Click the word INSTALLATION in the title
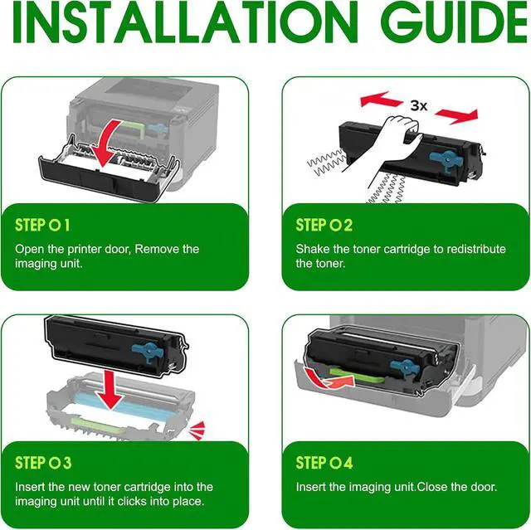pos(185,22)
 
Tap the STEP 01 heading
pos(42,225)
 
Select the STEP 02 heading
pos(324,225)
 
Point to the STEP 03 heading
pos(43,463)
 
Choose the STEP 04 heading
pos(324,463)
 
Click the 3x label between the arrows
pos(419,106)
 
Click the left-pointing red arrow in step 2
pos(381,100)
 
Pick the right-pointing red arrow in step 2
pos(456,116)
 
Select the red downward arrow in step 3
pos(110,389)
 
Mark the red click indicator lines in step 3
pos(197,430)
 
